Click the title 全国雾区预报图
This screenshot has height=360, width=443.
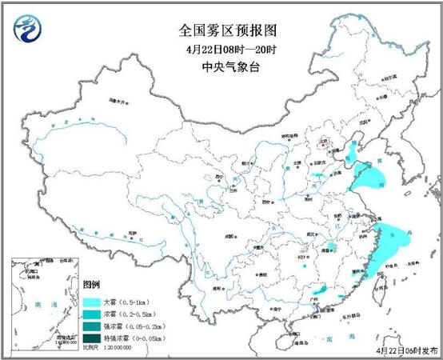pyautogui.click(x=225, y=30)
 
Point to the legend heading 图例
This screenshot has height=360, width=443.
pyautogui.click(x=92, y=286)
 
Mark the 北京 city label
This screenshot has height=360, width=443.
pyautogui.click(x=324, y=144)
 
